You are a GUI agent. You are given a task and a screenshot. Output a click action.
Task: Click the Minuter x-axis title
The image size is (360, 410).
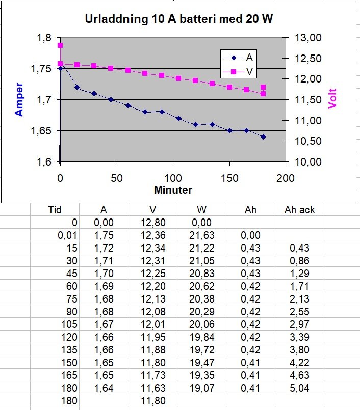[173, 190]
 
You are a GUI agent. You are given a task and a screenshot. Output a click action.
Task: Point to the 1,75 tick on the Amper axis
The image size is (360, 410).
[42, 69]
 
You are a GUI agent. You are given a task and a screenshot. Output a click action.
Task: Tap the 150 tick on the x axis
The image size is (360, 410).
[229, 177]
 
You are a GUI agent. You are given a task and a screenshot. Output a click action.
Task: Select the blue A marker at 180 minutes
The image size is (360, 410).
[263, 136]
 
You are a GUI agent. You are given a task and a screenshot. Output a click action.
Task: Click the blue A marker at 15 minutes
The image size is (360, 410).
[77, 87]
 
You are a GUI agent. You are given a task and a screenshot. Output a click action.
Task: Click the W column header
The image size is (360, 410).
[201, 210]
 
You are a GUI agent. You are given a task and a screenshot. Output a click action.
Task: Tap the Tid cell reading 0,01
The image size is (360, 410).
[67, 235]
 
